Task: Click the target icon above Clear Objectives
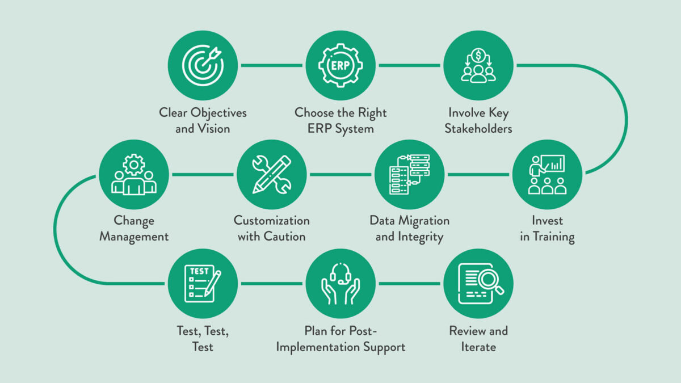[x=203, y=65]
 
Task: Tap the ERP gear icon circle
[x=340, y=65]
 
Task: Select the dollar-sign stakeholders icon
[x=478, y=65]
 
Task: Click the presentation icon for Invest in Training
[x=547, y=174]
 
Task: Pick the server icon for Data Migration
[x=409, y=174]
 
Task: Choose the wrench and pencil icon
[x=271, y=174]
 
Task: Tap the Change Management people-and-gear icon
[x=134, y=174]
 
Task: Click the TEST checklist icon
[x=203, y=283]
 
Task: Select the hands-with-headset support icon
[x=340, y=283]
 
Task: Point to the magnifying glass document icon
[x=478, y=283]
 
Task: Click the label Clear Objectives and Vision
[x=203, y=120]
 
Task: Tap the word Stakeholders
[x=478, y=128]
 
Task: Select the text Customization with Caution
[x=271, y=229]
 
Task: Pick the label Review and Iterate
[x=478, y=338]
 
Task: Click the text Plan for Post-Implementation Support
[x=340, y=338]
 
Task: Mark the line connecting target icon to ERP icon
[x=272, y=65]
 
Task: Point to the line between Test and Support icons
[x=272, y=283]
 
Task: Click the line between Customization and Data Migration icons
[x=340, y=174]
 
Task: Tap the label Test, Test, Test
[x=203, y=338]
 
